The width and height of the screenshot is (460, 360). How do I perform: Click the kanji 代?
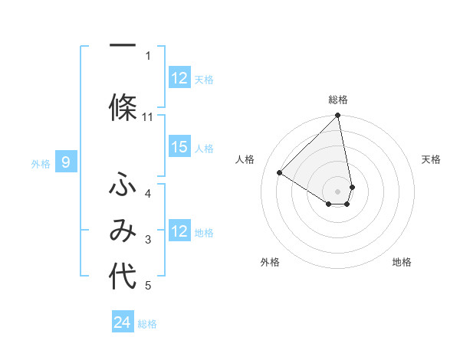click(x=123, y=278)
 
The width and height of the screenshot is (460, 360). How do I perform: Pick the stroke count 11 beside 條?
click(x=148, y=116)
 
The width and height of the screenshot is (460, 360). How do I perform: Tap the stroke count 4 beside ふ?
click(x=148, y=193)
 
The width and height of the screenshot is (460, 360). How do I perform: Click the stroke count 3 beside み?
click(x=148, y=241)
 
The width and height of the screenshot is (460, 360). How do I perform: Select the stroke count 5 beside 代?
click(x=148, y=286)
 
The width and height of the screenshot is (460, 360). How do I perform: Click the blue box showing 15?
click(x=179, y=147)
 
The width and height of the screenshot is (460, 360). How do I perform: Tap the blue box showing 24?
click(x=123, y=322)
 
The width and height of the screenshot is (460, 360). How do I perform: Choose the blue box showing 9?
click(x=66, y=162)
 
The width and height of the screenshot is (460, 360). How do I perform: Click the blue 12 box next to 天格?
click(x=179, y=77)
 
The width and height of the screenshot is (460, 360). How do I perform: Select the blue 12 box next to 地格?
click(x=179, y=231)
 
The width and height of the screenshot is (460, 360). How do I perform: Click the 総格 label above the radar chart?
click(x=338, y=100)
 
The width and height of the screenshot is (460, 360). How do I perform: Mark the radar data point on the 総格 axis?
click(x=338, y=116)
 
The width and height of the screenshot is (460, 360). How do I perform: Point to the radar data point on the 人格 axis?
click(x=280, y=172)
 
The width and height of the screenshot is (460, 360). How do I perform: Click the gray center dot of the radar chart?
click(x=338, y=191)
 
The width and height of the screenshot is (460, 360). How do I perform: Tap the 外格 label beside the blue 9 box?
click(x=41, y=163)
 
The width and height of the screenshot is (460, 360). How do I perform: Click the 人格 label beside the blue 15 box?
click(x=204, y=148)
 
